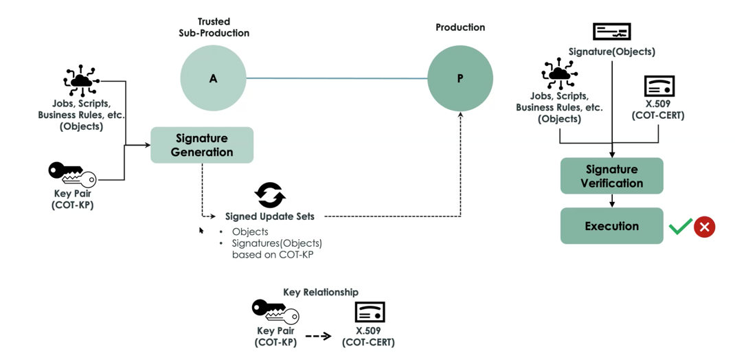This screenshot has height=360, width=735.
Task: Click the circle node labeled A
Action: [x=213, y=78]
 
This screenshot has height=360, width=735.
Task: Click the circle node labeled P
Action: [x=460, y=78]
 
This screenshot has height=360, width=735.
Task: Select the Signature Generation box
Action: [x=202, y=146]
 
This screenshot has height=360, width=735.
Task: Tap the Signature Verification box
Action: [x=612, y=176]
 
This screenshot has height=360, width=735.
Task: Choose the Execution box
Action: [x=612, y=226]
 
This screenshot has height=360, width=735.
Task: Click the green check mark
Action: [x=681, y=227]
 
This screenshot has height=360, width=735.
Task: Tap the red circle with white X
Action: [x=704, y=227]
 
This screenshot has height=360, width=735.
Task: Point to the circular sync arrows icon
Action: [x=270, y=195]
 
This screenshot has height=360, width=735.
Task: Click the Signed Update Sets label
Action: [x=270, y=216]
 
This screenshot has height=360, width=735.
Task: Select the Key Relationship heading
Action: [x=321, y=292]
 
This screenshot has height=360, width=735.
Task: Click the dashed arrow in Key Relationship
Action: [x=318, y=336]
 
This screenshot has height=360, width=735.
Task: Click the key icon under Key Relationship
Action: [x=275, y=312]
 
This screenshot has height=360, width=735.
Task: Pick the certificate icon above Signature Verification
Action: [x=659, y=87]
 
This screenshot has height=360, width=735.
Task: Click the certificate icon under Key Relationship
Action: [x=370, y=312]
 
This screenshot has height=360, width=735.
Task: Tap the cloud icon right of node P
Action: [x=559, y=73]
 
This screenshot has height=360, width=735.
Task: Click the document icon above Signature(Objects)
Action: [x=612, y=32]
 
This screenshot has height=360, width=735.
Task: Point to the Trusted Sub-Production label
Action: [x=214, y=27]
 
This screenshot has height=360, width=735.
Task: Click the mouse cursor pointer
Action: [x=201, y=230]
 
